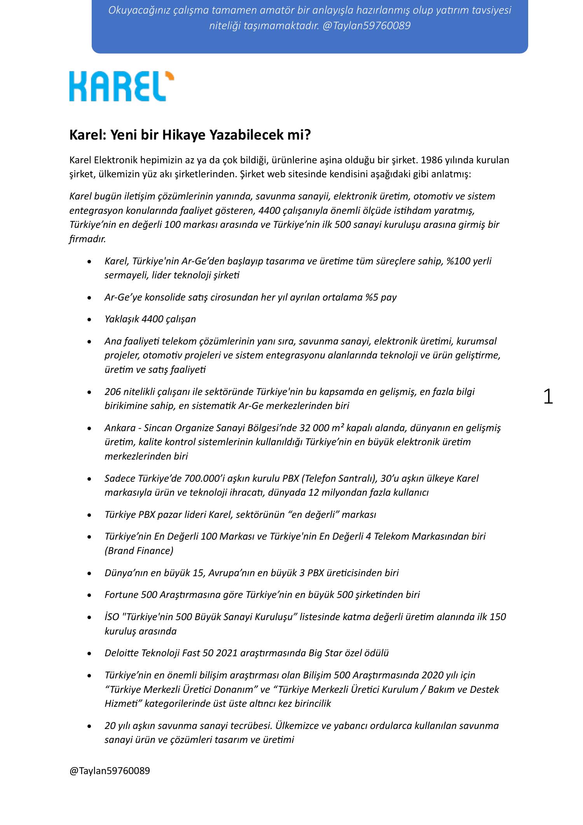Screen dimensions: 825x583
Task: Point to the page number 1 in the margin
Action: [548, 397]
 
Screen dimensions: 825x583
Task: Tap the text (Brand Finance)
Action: [139, 551]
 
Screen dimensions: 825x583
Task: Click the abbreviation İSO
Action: [112, 617]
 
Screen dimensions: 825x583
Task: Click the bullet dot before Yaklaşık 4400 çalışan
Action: [90, 320]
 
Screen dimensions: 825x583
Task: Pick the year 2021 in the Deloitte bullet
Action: [226, 653]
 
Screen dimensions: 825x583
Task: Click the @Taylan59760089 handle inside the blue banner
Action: [366, 26]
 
